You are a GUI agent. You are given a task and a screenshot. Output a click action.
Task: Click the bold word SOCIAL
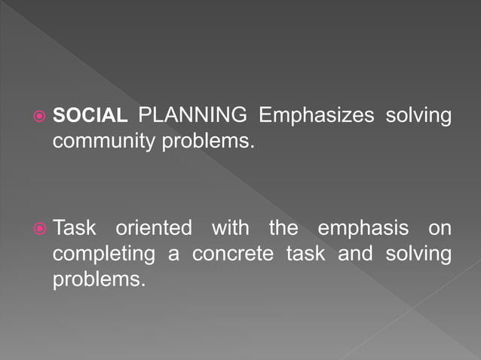(90, 116)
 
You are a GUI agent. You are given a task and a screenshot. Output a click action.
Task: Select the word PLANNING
(193, 116)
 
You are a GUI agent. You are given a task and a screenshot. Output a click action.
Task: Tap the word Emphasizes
(316, 116)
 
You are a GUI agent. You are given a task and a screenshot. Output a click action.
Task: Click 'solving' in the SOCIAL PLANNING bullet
(418, 116)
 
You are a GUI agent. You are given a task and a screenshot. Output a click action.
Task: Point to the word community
(106, 141)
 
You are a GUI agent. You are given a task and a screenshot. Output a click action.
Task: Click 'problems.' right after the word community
(209, 141)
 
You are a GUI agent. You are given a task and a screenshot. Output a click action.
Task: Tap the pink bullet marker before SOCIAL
(39, 117)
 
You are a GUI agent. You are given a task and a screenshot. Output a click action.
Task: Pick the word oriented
(154, 227)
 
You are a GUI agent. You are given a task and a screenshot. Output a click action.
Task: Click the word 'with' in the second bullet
(230, 227)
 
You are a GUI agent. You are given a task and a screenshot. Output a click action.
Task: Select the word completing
(104, 254)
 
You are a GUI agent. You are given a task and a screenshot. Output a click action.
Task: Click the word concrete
(234, 254)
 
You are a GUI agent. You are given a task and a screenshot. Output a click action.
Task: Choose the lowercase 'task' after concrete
(305, 254)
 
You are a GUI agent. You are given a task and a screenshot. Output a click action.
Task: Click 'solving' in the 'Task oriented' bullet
(418, 254)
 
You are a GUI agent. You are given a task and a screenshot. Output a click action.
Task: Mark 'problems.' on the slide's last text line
(98, 279)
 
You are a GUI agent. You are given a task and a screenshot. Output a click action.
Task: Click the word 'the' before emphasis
(283, 227)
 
